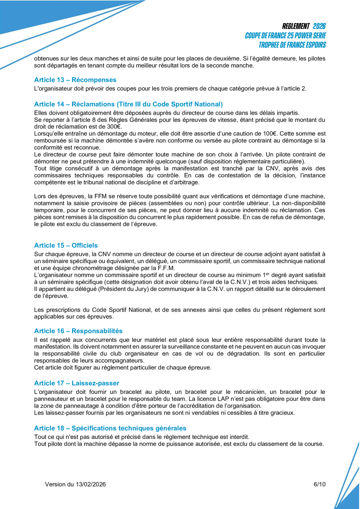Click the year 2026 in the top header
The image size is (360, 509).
pyautogui.click(x=319, y=26)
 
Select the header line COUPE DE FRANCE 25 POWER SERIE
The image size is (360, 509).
pyautogui.click(x=285, y=36)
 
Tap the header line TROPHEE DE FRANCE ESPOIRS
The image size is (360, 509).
pyautogui.click(x=292, y=45)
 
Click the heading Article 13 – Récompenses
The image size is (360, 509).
pyautogui.click(x=75, y=80)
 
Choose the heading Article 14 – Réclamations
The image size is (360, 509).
pyautogui.click(x=128, y=104)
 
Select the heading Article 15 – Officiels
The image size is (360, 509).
pyautogui.click(x=66, y=245)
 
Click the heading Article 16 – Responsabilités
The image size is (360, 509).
pyautogui.click(x=78, y=331)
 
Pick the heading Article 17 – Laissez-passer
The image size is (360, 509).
pyautogui.click(x=76, y=383)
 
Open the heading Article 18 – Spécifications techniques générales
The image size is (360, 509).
pyautogui.click(x=110, y=428)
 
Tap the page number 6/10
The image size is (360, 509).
pyautogui.click(x=320, y=484)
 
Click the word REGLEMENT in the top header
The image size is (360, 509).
pyautogui.click(x=296, y=26)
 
